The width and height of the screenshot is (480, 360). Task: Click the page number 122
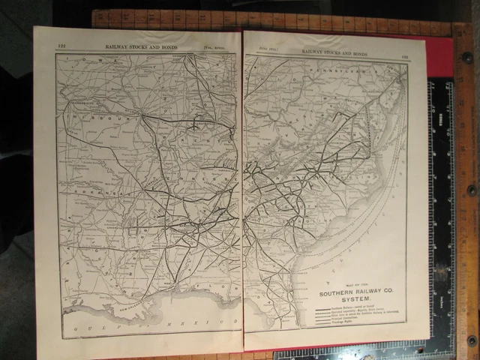coord(62,45)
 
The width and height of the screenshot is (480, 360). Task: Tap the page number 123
coord(403,53)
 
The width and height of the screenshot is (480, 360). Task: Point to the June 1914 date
coord(267,50)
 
